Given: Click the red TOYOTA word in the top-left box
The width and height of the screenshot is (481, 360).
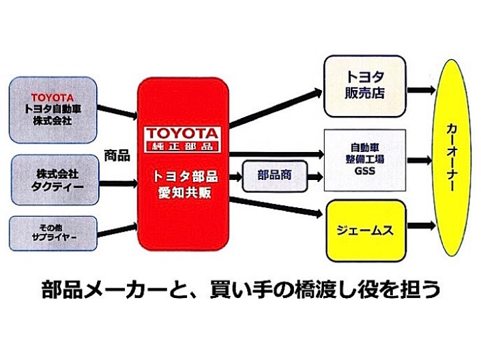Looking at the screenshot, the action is coord(53,97).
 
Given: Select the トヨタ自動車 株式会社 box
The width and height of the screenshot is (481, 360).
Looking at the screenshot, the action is coord(53,110).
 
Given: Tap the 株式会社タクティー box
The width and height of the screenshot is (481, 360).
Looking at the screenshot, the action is coord(55,180).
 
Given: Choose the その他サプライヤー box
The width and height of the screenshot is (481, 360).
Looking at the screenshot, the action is coord(53,233).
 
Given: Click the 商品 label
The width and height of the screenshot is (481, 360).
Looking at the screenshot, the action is coord(117,155).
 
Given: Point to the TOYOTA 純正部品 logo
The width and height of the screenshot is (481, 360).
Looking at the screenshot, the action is coord(182,139).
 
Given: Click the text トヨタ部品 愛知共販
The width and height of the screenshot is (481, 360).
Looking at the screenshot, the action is coord(185,184).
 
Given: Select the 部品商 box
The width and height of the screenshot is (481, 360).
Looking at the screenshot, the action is coord(275,176).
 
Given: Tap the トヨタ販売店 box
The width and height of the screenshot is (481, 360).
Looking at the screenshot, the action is coord(365,86).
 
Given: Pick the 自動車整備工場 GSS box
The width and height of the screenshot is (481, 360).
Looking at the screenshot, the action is coord(365,160).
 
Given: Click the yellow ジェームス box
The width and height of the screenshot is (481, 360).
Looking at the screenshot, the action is coord(365,230).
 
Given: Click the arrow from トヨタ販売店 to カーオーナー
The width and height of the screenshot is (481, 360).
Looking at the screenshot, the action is coord(421,90).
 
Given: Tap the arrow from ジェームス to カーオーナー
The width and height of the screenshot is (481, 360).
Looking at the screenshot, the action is coord(421,226).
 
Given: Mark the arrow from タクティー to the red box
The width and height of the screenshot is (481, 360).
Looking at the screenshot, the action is coord(119,184).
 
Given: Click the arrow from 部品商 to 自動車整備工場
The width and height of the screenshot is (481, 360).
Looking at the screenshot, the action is coord(315,177).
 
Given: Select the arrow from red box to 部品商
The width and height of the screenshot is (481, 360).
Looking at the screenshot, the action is coord(235,177).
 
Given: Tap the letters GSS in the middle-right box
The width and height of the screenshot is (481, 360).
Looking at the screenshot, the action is coord(365,171).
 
